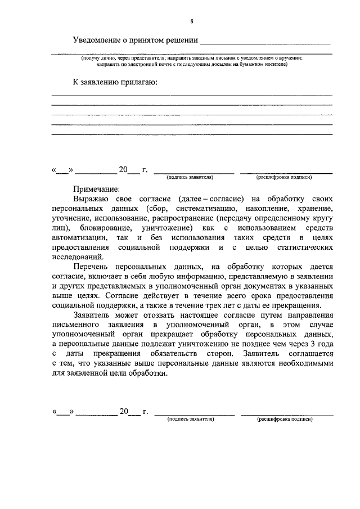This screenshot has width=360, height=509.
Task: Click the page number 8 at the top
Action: point(192,21)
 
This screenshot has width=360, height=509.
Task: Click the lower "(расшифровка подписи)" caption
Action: point(285,420)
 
